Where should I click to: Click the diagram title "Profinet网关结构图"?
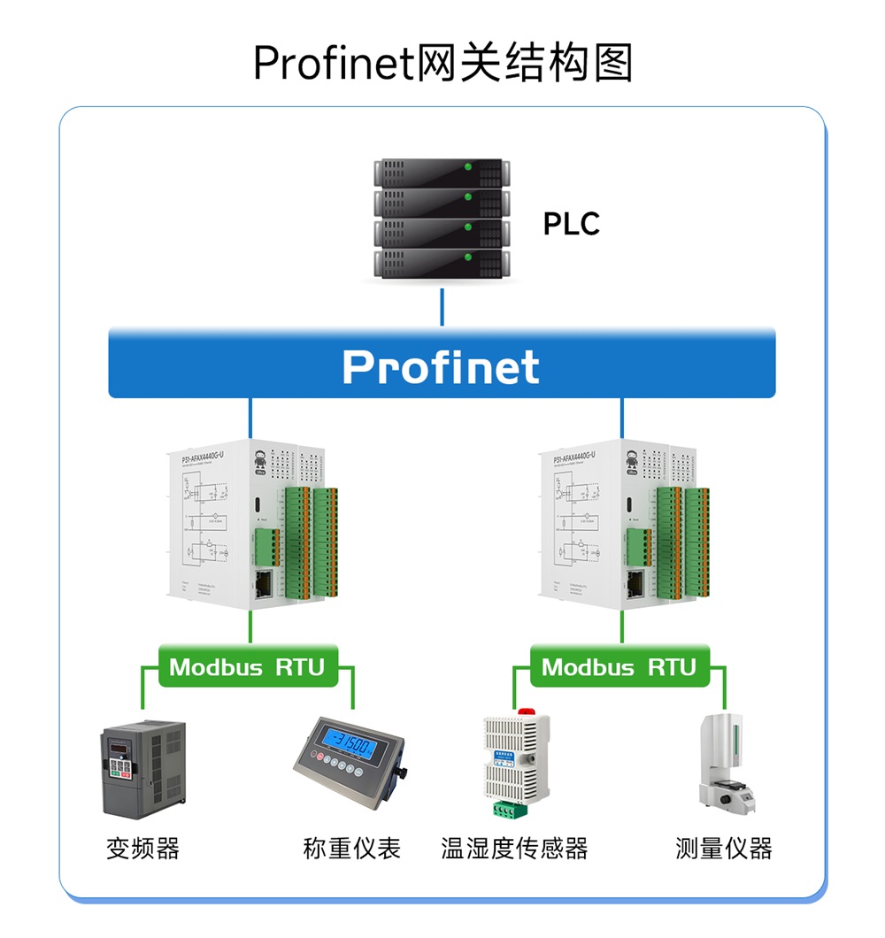pos(442,64)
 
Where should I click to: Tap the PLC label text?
pos(571,224)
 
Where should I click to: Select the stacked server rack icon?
pos(442,219)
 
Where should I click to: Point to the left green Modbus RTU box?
pos(247,666)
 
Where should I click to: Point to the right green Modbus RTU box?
pos(619,666)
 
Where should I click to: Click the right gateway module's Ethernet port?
pos(636,582)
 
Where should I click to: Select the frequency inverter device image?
pos(142,768)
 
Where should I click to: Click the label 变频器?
pos(142,849)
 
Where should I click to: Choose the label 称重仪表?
pos(351,849)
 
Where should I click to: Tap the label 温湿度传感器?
pos(514,849)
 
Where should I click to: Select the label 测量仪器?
pos(723,849)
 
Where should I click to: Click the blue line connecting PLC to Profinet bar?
pos(442,306)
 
